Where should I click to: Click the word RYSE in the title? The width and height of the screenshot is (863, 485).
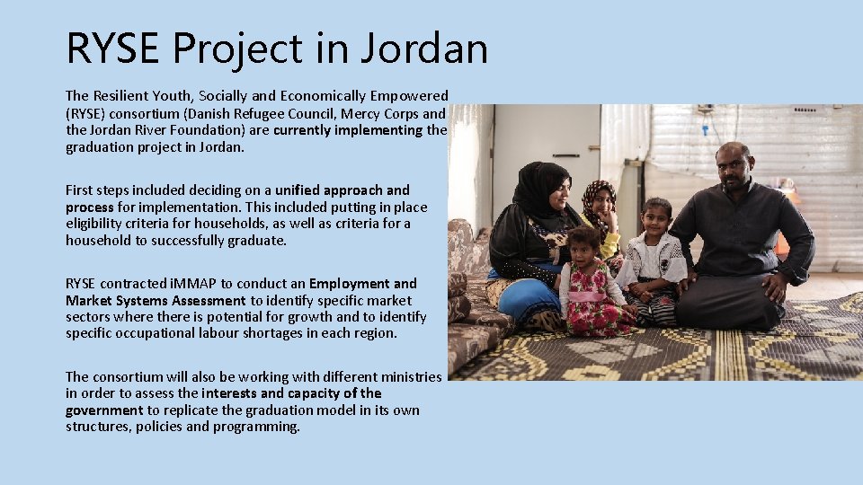point(114,48)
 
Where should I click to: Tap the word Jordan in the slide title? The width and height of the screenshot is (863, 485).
point(423,48)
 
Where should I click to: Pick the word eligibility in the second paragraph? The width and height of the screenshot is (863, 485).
point(95,224)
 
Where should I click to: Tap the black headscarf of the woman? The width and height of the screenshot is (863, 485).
point(537,189)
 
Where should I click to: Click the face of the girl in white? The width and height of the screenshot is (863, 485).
point(657,218)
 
